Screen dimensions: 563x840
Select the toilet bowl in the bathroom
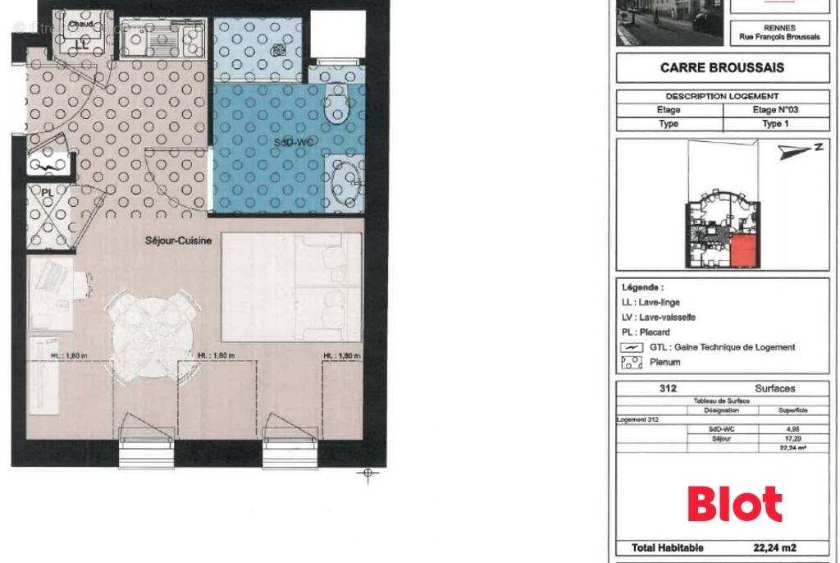[336, 106]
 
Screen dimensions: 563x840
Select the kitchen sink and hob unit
[162, 35]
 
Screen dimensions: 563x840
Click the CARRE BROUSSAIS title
[722, 68]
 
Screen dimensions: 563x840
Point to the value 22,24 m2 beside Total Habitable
[774, 547]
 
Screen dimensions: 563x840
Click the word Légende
[643, 288]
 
